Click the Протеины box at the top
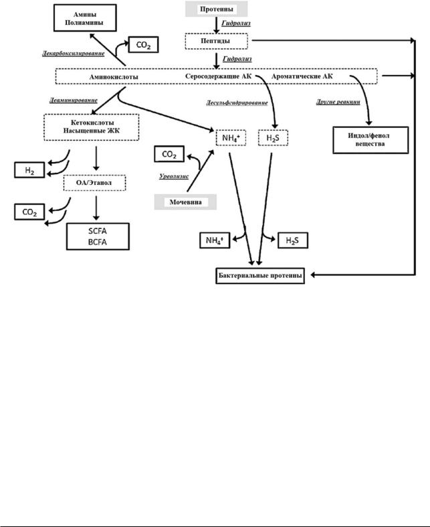[x=217, y=9]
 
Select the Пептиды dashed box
[x=217, y=41]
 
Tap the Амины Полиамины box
[x=85, y=18]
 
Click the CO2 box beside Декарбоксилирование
[x=143, y=45]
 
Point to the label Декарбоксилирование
[x=73, y=54]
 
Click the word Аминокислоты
[x=114, y=77]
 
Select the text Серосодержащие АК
[x=218, y=76]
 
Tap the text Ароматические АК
[x=302, y=76]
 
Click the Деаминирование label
[x=74, y=100]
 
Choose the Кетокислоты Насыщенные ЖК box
[x=92, y=127]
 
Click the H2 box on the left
[x=29, y=170]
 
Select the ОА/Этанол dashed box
[x=95, y=183]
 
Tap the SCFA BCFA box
[x=98, y=236]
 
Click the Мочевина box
[x=185, y=202]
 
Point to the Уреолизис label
[x=174, y=177]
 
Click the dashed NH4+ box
[x=231, y=138]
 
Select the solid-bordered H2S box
[x=293, y=240]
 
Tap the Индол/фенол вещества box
[x=370, y=140]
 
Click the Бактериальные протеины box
[x=260, y=276]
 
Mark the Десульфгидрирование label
[x=237, y=102]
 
